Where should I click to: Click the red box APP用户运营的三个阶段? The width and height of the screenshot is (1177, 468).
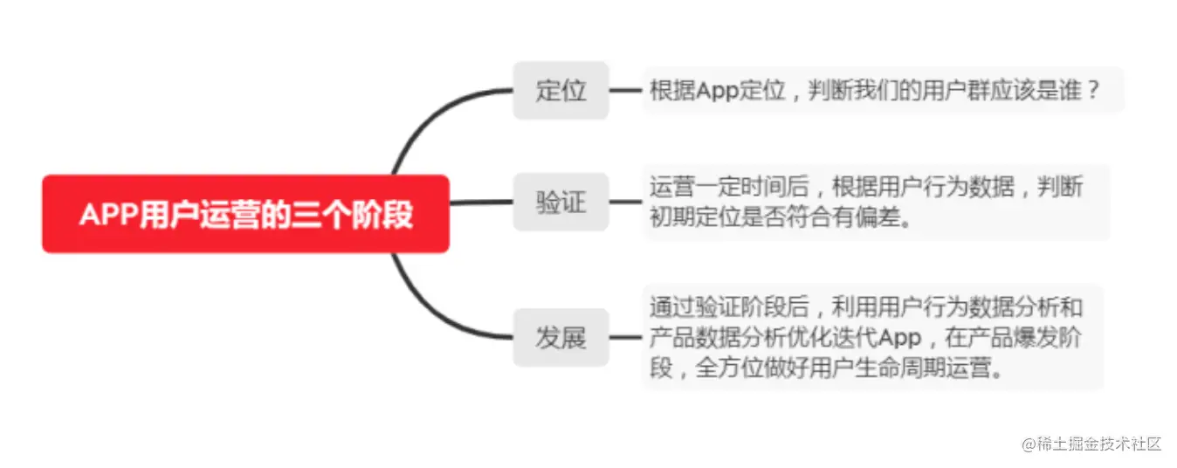(x=245, y=214)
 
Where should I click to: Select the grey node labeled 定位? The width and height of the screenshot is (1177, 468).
(x=561, y=90)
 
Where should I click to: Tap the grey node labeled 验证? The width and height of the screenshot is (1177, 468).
(x=561, y=203)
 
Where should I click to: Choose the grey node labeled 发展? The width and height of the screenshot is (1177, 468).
(x=561, y=338)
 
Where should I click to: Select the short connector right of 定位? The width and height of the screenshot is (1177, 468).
(x=625, y=90)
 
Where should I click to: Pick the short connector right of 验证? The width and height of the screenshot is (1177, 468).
(x=625, y=203)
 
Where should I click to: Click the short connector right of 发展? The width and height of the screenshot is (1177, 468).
(x=625, y=338)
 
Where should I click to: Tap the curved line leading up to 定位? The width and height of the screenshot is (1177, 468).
(x=428, y=122)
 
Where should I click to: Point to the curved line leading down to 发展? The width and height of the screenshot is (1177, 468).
(x=428, y=306)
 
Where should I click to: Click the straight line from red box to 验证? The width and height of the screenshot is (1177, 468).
(x=480, y=203)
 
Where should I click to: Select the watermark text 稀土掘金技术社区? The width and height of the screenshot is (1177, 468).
(x=1098, y=444)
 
